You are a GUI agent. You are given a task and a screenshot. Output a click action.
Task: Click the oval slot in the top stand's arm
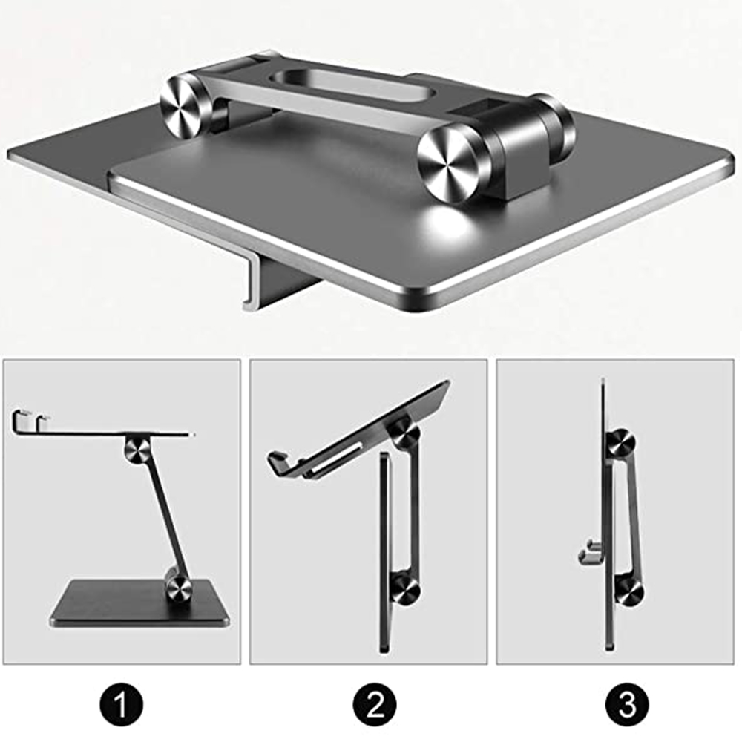tap(349, 87)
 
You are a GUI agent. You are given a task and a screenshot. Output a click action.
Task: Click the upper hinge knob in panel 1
tap(137, 448)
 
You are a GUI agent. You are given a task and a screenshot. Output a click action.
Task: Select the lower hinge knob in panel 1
tap(179, 588)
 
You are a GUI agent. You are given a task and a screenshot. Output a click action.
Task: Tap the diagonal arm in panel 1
tap(159, 519)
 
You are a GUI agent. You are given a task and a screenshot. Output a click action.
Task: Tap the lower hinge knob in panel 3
tap(629, 591)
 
